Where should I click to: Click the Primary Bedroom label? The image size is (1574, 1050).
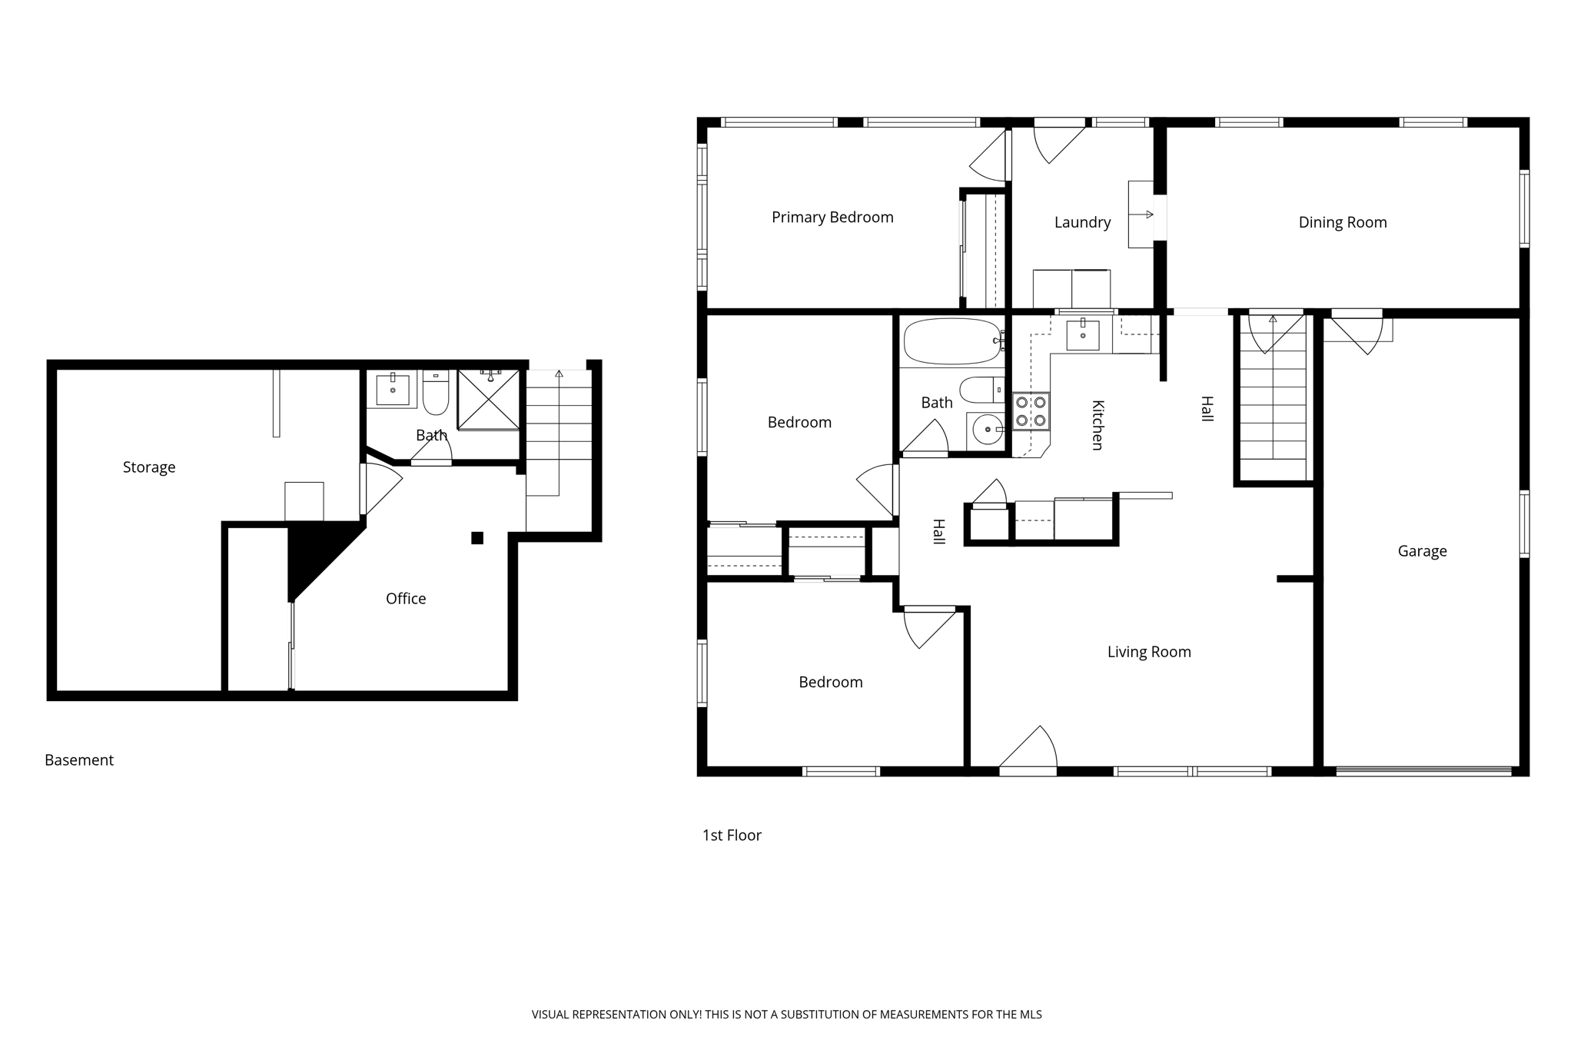tap(832, 218)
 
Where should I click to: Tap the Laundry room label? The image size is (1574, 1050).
tap(1082, 222)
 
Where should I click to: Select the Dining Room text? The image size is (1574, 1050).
tap(1342, 222)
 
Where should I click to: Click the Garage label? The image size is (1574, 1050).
tap(1422, 551)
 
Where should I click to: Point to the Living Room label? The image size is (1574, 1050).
tap(1149, 652)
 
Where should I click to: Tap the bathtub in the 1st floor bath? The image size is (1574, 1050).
tap(952, 341)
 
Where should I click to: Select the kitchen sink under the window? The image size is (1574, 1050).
tap(1083, 335)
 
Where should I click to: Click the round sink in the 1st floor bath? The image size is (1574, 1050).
tap(987, 429)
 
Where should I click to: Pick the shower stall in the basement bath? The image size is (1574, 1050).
tap(489, 399)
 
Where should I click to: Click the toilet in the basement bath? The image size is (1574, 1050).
tap(436, 392)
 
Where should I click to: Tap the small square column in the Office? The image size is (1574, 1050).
tap(477, 538)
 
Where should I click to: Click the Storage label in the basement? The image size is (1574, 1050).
tap(149, 467)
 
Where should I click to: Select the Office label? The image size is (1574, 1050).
tap(406, 599)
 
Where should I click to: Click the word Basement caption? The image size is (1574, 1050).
tap(79, 760)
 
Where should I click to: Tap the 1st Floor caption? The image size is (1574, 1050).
tap(732, 836)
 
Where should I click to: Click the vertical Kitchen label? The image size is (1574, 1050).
tap(1097, 425)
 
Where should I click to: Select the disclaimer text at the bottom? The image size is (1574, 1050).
tap(786, 1015)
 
